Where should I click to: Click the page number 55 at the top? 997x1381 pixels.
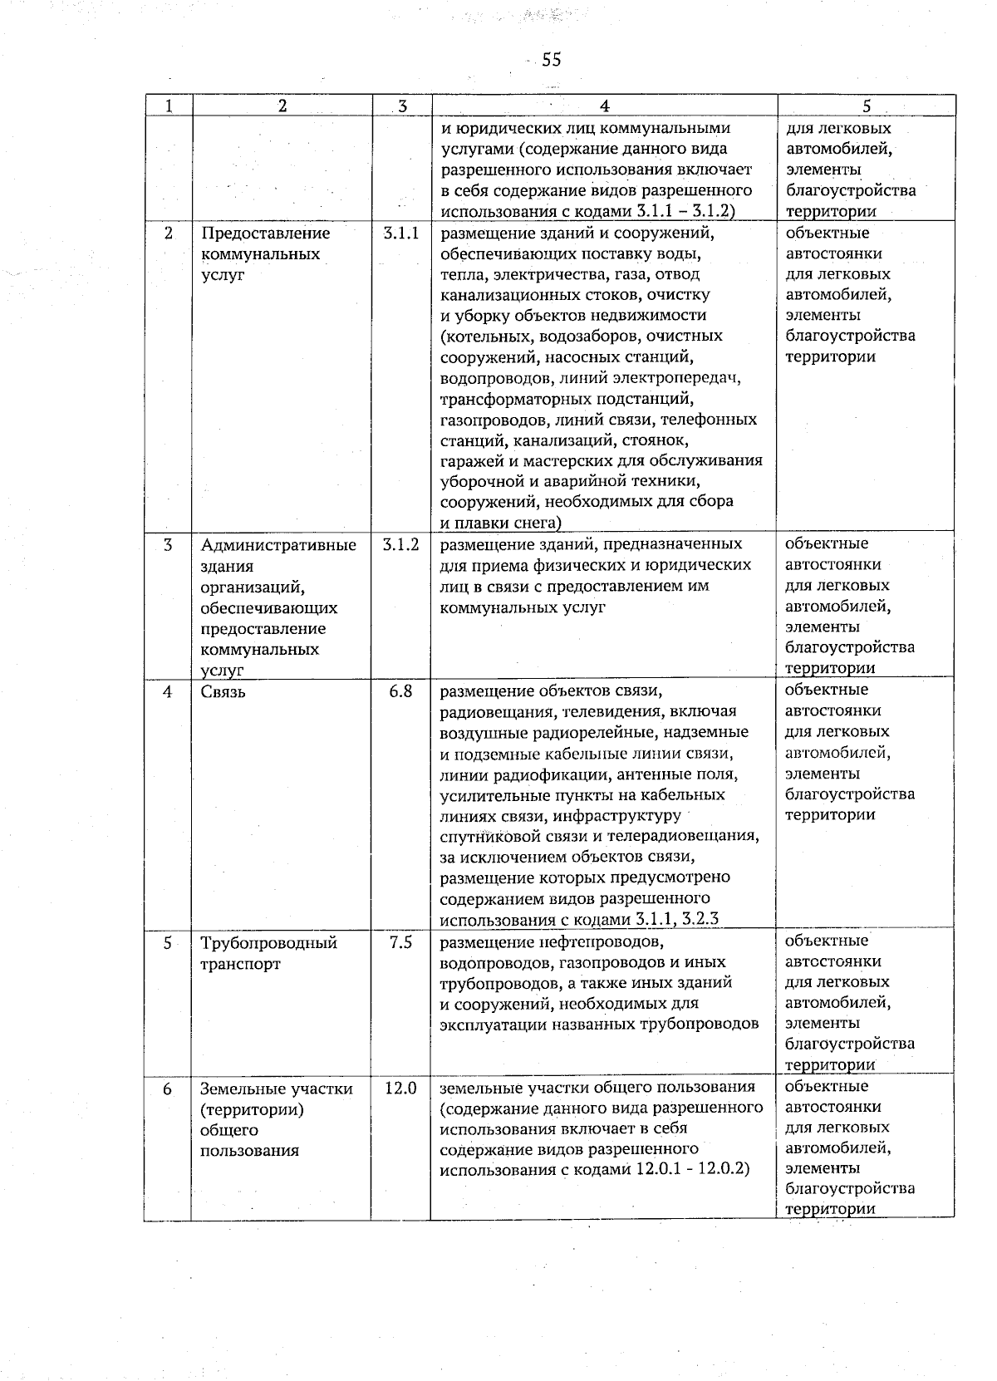pos(551,59)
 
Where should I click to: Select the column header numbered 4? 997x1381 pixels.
pos(604,106)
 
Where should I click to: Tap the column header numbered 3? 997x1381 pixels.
pos(402,106)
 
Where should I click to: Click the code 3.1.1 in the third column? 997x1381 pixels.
pos(401,233)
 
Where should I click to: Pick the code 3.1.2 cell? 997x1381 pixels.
pos(401,545)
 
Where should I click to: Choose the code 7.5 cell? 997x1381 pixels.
pos(400,943)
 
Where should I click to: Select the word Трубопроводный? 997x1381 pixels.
pos(268,943)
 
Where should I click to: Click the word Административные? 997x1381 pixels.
pos(278,546)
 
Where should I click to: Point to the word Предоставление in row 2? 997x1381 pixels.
pos(265,233)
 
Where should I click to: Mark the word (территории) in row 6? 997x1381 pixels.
pos(252,1109)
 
